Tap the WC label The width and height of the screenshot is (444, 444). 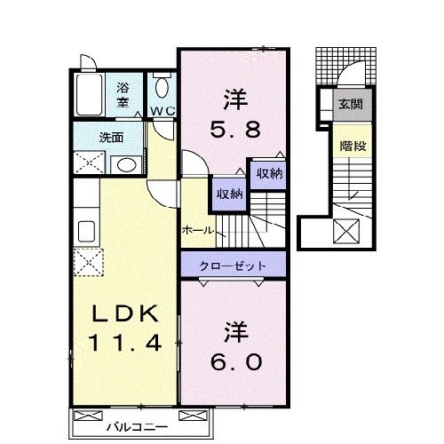coord(162,111)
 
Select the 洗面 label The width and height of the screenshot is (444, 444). coord(111,138)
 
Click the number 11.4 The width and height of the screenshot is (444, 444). coord(124,340)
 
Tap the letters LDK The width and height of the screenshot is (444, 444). coord(125,313)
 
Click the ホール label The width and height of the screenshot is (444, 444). coord(196,230)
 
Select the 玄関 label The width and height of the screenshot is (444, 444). coord(349,104)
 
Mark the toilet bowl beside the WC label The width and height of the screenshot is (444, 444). coord(163,89)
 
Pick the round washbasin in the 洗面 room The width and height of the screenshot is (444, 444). coord(125,163)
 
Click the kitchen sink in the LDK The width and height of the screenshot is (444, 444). coord(88,232)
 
